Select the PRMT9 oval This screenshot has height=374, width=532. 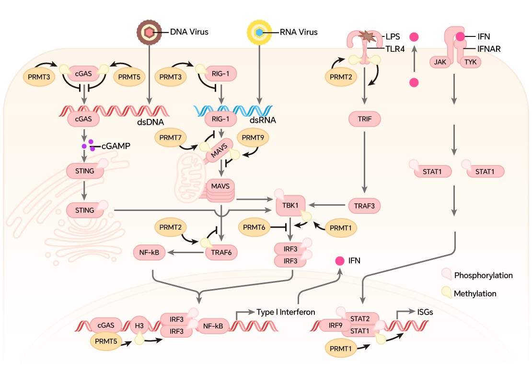click(253, 138)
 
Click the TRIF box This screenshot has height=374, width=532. click(366, 118)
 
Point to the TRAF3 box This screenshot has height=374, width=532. click(365, 206)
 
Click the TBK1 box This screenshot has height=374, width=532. click(290, 205)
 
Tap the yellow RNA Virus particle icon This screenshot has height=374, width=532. click(259, 32)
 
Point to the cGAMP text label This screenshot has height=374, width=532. click(116, 146)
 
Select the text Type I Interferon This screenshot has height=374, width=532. click(286, 312)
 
